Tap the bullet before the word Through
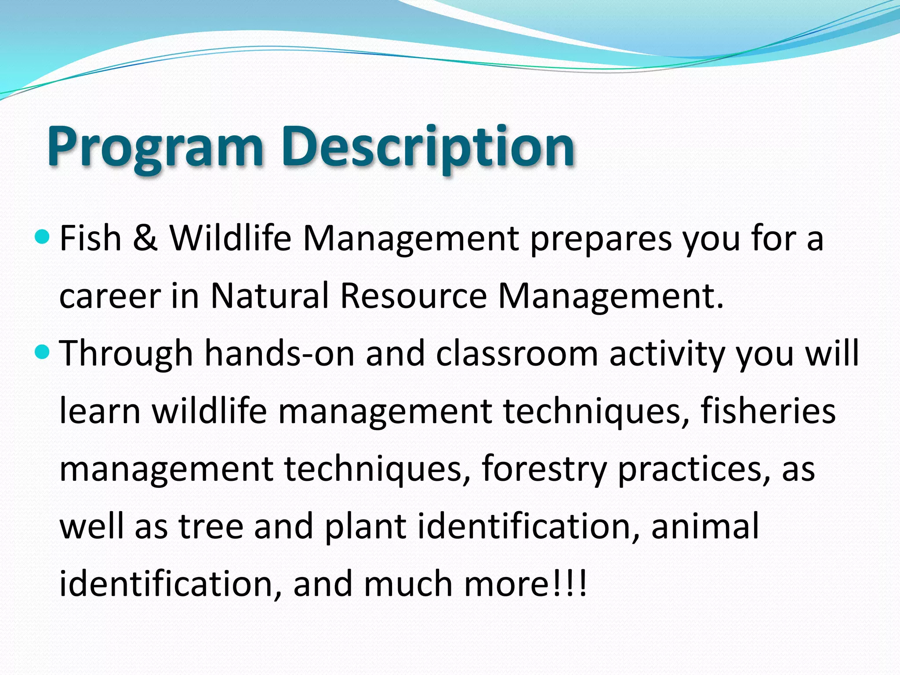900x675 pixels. [x=42, y=352]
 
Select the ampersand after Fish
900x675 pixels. [x=145, y=238]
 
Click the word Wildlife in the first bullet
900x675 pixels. [x=230, y=238]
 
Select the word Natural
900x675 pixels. [x=269, y=296]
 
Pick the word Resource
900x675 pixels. [x=413, y=296]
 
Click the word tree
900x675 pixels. [x=211, y=526]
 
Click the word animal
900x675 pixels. [x=705, y=526]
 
